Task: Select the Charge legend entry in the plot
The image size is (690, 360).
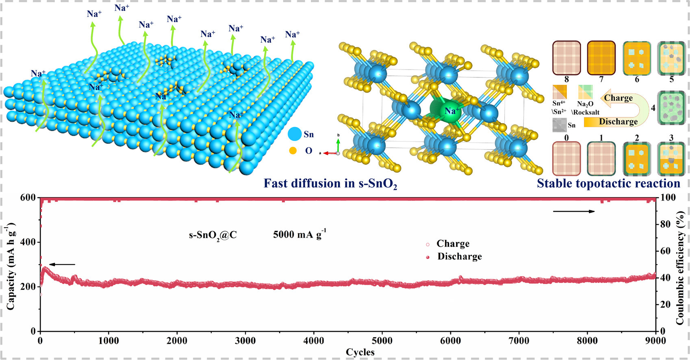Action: tap(452, 244)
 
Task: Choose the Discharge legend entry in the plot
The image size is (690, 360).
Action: tap(459, 256)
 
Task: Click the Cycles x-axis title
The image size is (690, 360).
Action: tap(360, 352)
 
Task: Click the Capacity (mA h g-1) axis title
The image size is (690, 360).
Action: tap(11, 266)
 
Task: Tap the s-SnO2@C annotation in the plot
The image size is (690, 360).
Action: tap(213, 235)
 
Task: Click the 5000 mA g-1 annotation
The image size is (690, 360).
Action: tap(299, 234)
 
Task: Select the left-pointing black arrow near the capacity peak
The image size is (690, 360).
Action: tap(62, 265)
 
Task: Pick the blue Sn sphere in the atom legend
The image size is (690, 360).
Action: tap(295, 134)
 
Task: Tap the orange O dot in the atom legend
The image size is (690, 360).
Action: tap(293, 151)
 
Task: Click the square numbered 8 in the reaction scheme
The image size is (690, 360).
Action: tap(566, 58)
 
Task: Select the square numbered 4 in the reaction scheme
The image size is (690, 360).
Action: tap(671, 108)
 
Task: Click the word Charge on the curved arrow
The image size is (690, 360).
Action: tap(618, 98)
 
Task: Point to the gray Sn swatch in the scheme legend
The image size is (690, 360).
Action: tap(559, 125)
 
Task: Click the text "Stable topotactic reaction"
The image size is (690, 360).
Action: tap(608, 184)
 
